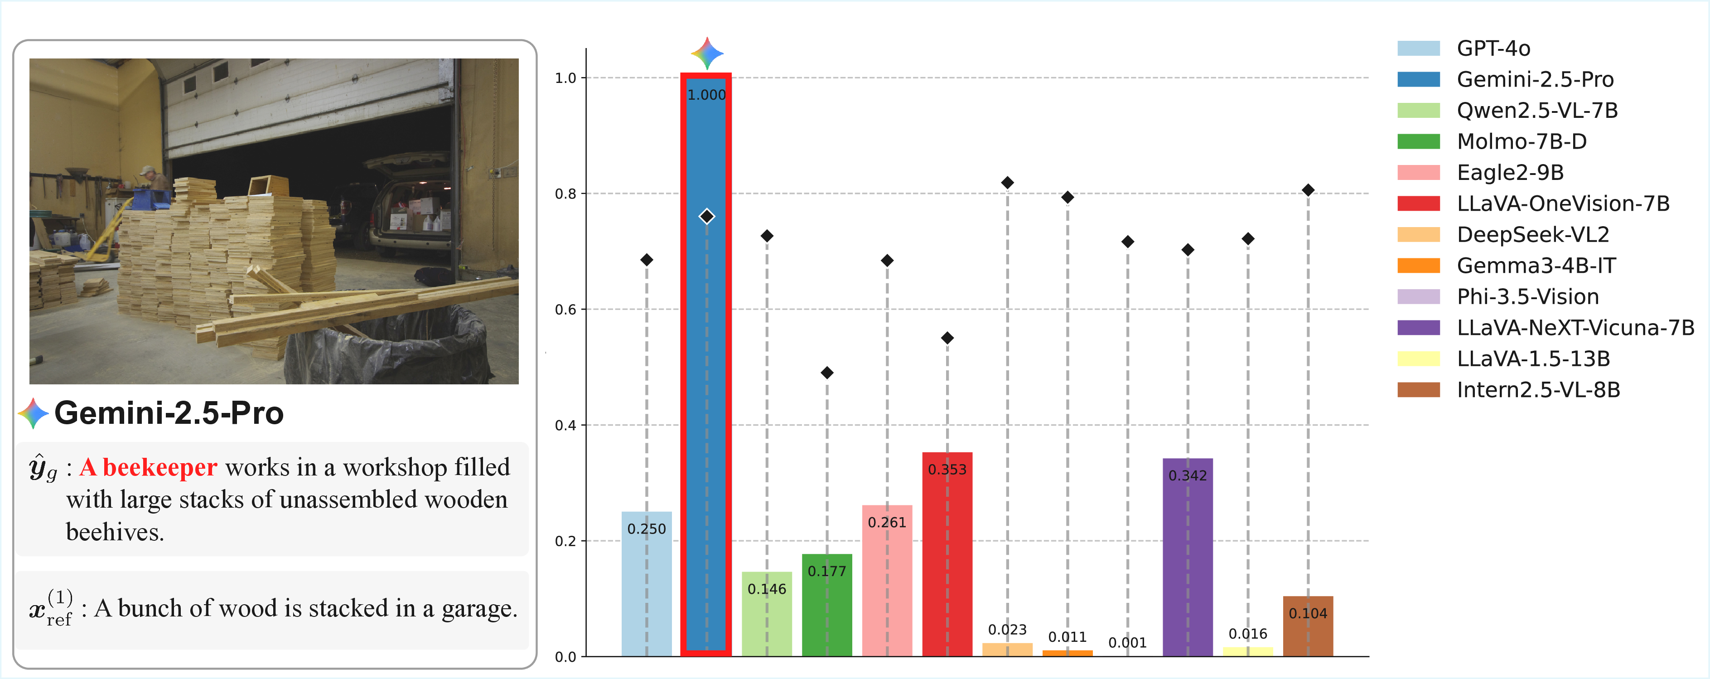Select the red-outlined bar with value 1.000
tap(705, 398)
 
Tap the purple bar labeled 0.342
tap(1187, 565)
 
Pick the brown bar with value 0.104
tap(1307, 631)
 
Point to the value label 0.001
tap(1127, 642)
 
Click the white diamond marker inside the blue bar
tap(706, 216)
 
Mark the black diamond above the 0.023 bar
tap(1007, 183)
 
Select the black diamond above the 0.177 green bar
tap(826, 373)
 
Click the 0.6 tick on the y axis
tap(565, 310)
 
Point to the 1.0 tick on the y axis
tap(565, 78)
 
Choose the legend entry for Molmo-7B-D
tap(1521, 141)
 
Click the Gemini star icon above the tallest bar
tap(706, 53)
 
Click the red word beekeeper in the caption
tap(159, 468)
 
